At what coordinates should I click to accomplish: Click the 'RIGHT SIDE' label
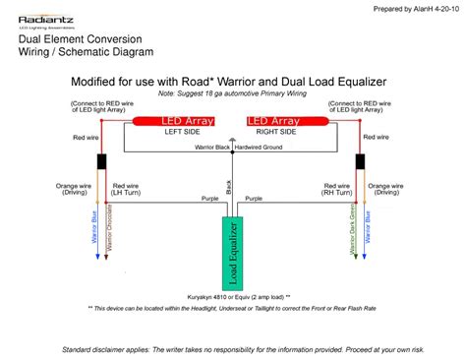click(276, 133)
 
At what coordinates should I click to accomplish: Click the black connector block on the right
click(361, 162)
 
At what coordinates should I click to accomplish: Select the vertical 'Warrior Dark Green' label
click(350, 234)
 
